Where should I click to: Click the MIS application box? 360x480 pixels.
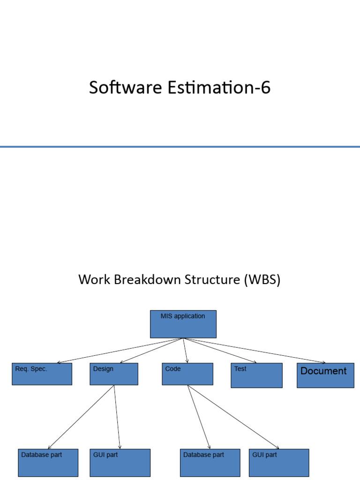point(183,324)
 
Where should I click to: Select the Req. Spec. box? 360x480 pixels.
point(42,374)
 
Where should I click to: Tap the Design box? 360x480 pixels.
point(114,374)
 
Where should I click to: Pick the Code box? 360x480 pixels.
point(187,374)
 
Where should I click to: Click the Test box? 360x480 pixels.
point(256,375)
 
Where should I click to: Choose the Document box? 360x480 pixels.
point(325,375)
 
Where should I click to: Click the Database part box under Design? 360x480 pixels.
point(48,463)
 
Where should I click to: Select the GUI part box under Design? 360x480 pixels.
point(120,463)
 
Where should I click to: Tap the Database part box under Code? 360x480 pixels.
point(210,463)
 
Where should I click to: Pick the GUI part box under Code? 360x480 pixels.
point(279,463)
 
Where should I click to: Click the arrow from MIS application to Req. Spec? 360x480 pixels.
point(120,350)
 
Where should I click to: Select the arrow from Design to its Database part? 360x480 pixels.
point(81,417)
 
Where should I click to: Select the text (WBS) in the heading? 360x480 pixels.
point(262,280)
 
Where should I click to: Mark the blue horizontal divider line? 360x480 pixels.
point(180,147)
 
